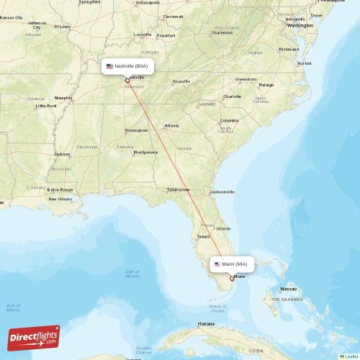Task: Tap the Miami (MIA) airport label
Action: click(233, 264)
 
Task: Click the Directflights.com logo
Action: click(34, 337)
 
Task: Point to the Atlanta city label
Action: click(172, 126)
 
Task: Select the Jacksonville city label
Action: click(222, 192)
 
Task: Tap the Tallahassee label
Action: click(177, 189)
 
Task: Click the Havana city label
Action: click(207, 324)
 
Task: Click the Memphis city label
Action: click(63, 98)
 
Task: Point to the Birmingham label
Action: click(137, 130)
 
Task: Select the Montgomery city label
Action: click(145, 153)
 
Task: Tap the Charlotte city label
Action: click(232, 96)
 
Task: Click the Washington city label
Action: click(300, 25)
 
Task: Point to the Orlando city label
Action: click(223, 229)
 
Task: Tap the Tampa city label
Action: click(203, 236)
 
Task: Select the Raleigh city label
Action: click(266, 84)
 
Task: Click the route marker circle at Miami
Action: click(232, 278)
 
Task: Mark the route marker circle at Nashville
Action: click(127, 80)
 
